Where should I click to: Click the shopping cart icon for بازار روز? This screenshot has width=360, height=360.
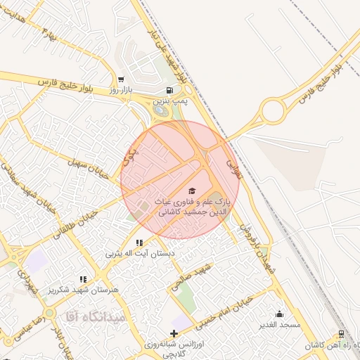tap(121, 79)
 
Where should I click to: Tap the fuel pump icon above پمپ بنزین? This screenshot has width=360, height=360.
tap(169, 90)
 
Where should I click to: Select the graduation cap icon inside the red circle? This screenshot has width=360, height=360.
tap(191, 190)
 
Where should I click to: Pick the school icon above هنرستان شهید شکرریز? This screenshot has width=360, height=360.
tap(83, 279)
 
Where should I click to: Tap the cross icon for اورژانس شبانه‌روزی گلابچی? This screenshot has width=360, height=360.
tap(174, 333)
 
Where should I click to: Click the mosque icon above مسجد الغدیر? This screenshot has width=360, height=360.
tap(279, 314)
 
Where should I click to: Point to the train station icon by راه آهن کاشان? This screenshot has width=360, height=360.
tap(341, 334)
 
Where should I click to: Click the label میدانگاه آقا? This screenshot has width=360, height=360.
tap(94, 316)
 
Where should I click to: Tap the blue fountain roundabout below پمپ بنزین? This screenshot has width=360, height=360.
tap(162, 110)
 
